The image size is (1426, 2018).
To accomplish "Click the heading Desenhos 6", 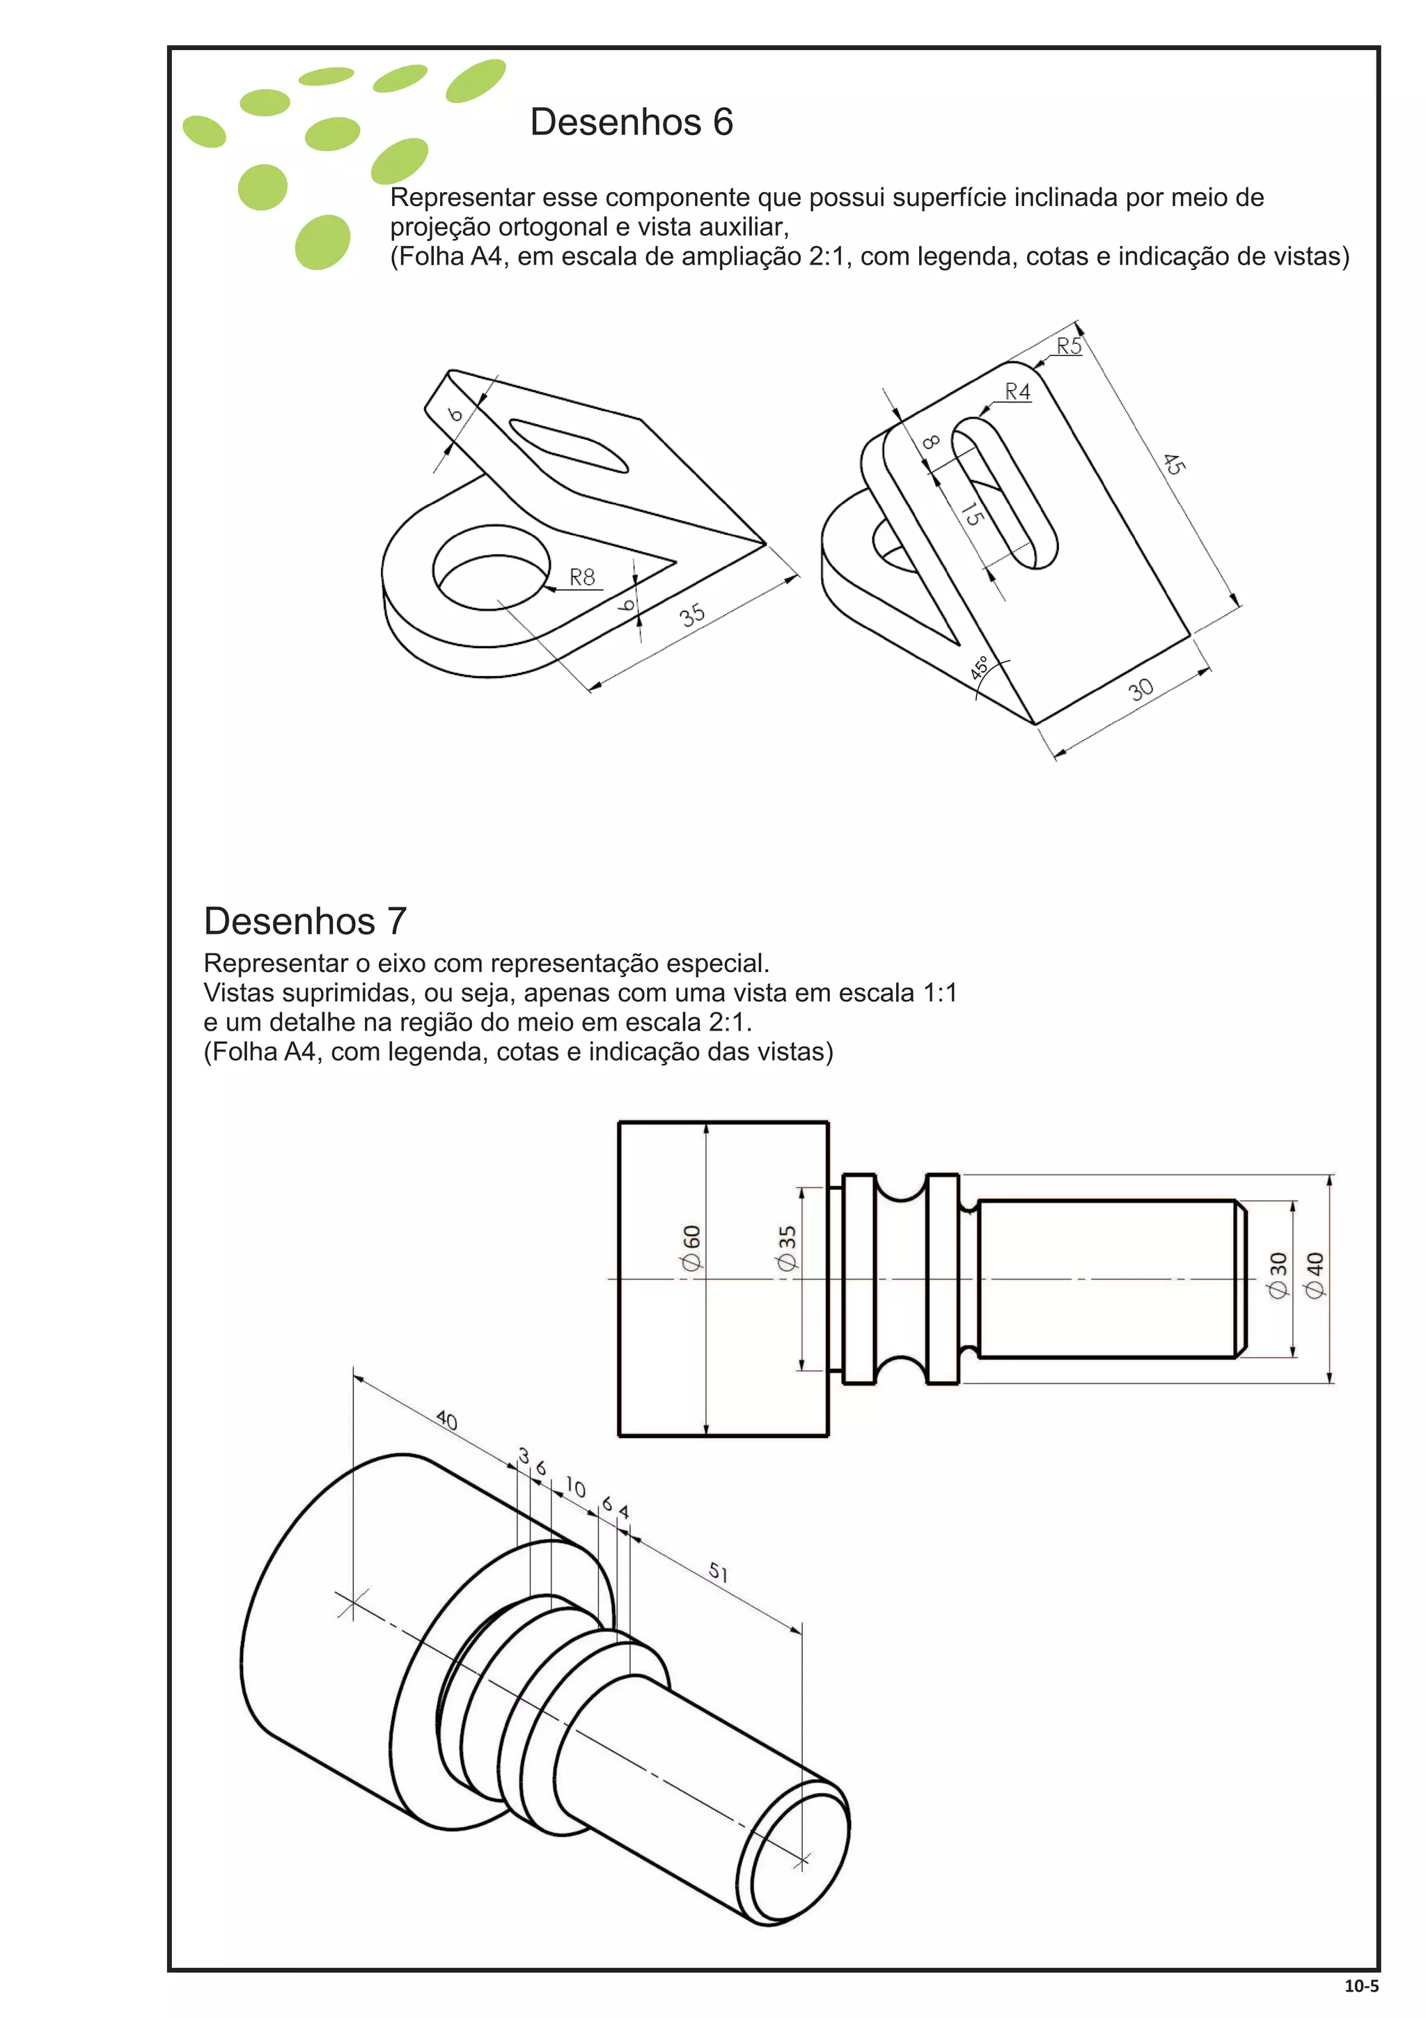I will [x=631, y=122].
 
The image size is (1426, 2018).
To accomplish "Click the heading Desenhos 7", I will [x=305, y=921].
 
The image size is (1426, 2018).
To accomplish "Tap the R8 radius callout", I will [x=581, y=577].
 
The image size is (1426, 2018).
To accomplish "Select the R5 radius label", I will [x=1068, y=346].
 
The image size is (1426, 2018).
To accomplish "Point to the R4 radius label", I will [x=1017, y=392].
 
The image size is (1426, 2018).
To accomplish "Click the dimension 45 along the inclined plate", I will [x=1174, y=463].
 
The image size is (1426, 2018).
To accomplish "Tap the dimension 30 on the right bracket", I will [x=1141, y=689].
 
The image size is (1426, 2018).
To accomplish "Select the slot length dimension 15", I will [x=970, y=513].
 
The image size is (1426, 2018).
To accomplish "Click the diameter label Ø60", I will [x=691, y=1247].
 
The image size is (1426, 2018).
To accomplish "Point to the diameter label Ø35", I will [x=786, y=1248].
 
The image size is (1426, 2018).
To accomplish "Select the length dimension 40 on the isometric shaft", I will [x=446, y=1421].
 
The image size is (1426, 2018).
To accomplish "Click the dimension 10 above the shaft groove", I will [x=574, y=1487].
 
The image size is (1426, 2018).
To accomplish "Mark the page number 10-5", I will [x=1361, y=1985].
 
